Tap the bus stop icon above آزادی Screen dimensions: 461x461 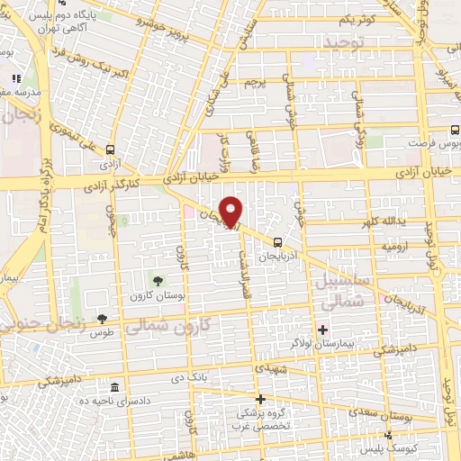pos(110,150)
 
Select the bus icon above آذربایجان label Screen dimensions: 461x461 pos(277,241)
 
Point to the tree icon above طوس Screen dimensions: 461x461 pos(102,319)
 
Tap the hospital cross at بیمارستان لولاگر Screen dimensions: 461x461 pos(321,327)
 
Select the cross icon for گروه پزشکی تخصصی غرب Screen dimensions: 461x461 pos(260,399)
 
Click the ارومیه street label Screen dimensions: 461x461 pos(393,245)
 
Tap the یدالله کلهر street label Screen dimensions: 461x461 pos(383,221)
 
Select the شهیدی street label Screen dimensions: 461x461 pos(271,370)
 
